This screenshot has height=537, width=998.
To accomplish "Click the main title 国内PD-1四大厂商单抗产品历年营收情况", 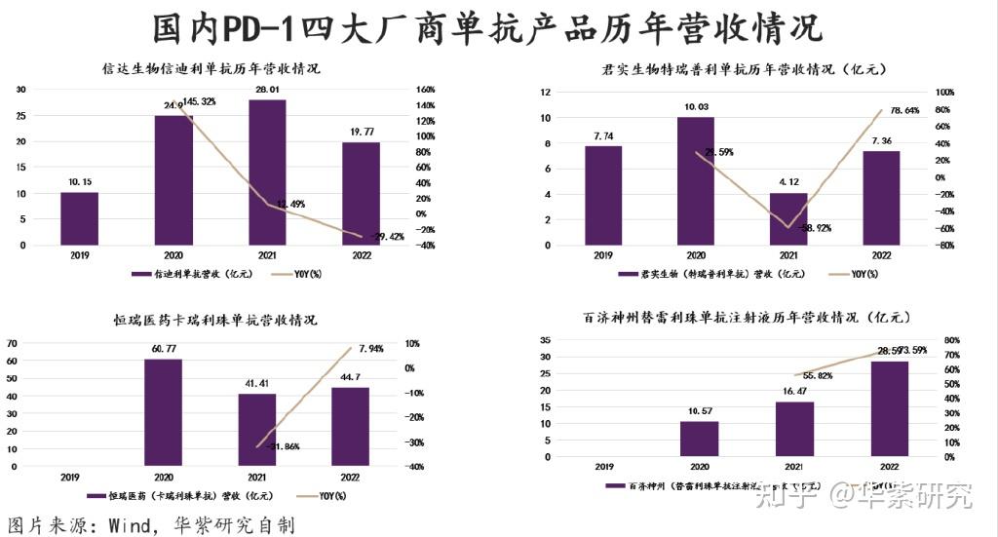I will click(x=488, y=28).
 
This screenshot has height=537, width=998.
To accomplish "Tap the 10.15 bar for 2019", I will click(x=80, y=218).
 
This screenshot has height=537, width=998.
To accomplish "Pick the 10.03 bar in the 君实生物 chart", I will click(x=697, y=181).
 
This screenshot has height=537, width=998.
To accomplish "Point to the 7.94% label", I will click(x=372, y=348).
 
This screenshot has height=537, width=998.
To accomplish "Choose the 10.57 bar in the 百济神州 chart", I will click(x=698, y=439).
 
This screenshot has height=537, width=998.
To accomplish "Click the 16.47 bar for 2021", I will click(x=794, y=429).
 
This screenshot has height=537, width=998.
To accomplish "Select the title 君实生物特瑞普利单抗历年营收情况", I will click(x=743, y=69).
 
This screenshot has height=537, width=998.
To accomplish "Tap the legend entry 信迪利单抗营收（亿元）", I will click(x=194, y=275).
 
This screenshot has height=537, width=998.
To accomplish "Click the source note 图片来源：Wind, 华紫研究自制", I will click(x=151, y=524).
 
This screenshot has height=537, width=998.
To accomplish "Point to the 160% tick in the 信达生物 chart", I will click(x=426, y=90).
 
